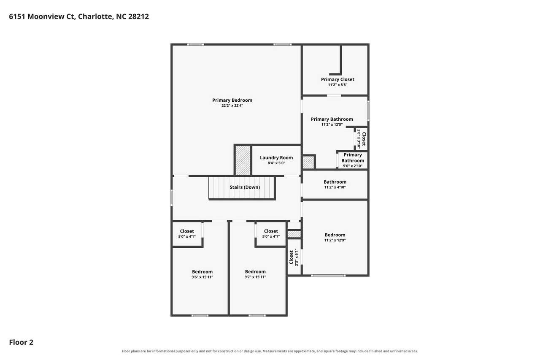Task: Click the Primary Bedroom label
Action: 232,100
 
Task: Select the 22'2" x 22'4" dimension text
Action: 232,106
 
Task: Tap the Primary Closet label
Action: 337,79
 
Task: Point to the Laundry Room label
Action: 276,157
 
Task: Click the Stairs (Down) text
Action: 245,187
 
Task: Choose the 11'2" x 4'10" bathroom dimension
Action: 335,187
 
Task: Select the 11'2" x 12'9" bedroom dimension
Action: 335,240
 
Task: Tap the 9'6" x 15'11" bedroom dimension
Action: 202,277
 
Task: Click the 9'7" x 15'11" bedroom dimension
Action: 255,277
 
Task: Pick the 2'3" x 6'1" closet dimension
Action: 297,257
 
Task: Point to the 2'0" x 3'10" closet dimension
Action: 359,139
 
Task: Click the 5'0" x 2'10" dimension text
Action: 353,166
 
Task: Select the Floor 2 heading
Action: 21,342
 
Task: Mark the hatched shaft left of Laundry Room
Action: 243,160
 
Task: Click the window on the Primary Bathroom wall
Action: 368,111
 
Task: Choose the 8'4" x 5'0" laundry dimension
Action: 276,163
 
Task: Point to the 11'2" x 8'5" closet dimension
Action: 337,85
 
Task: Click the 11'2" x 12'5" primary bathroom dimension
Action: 332,125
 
